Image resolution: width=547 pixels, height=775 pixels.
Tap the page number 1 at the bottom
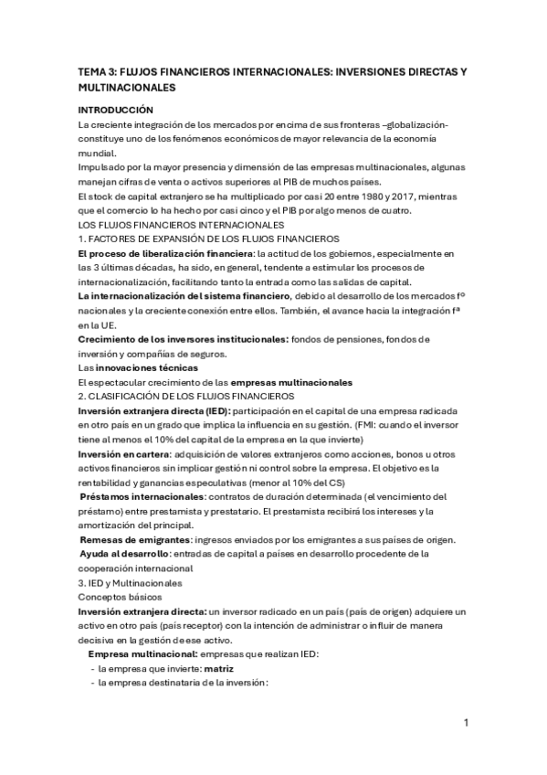tap(466, 723)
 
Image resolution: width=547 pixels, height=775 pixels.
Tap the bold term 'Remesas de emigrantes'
tap(127, 541)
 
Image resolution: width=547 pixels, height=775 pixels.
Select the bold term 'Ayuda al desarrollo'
tap(123, 555)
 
